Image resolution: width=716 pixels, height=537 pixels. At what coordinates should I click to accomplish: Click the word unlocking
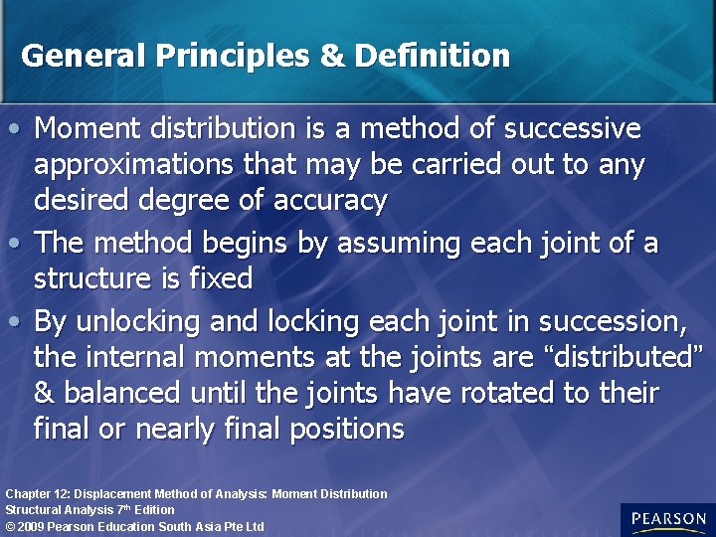click(165, 322)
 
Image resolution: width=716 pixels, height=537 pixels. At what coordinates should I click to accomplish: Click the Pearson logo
click(667, 519)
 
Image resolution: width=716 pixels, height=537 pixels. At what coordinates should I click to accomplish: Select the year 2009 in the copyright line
click(30, 526)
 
